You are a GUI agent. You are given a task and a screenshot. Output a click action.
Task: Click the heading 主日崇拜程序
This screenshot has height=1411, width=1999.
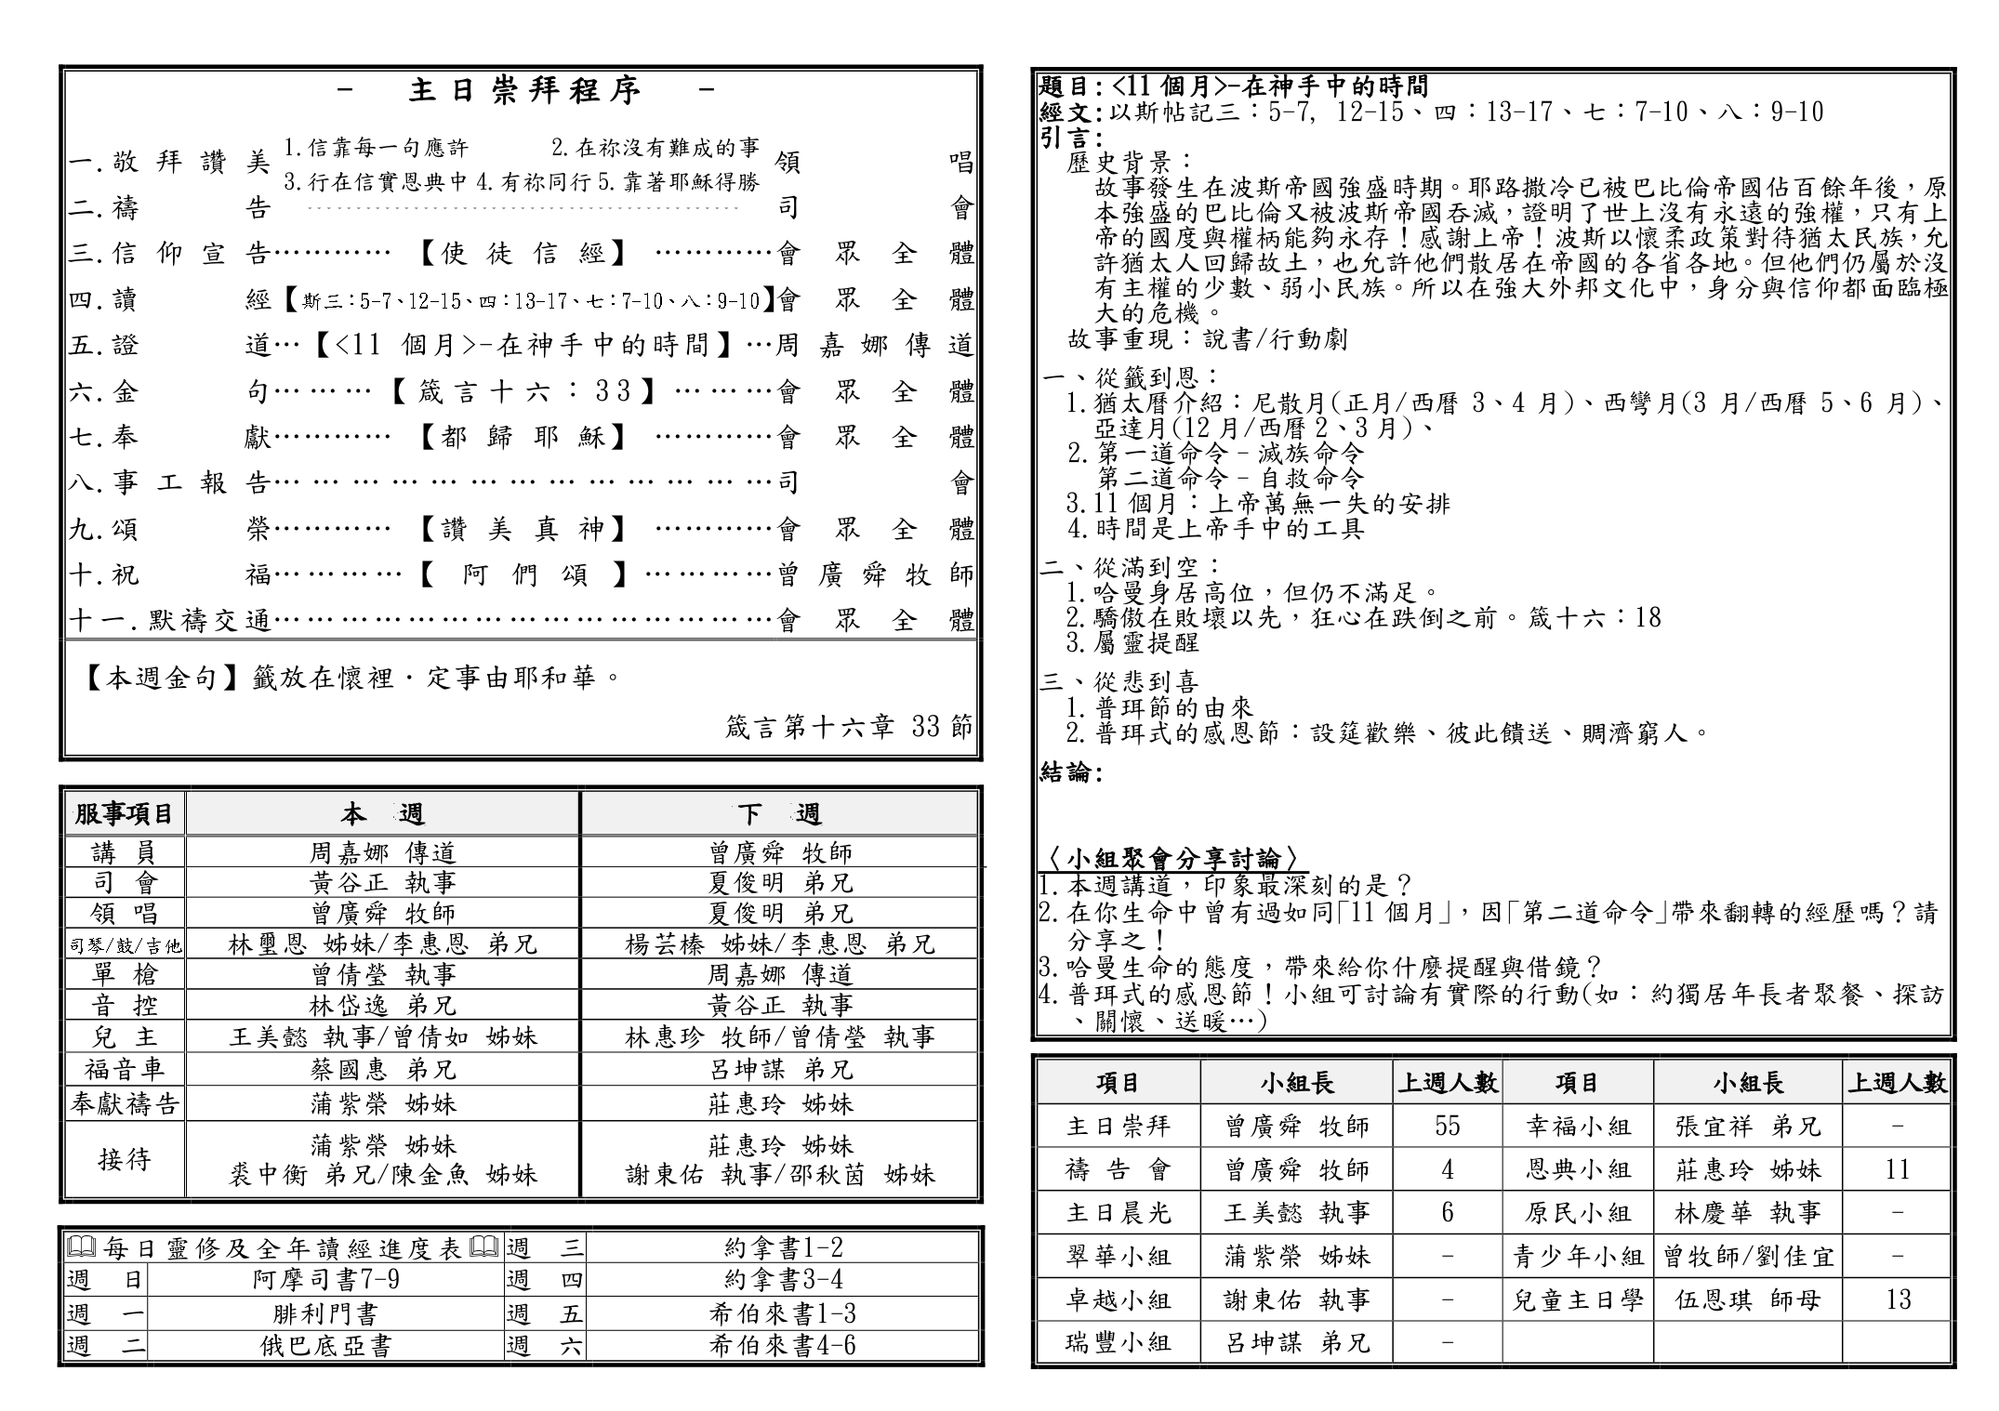pyautogui.click(x=525, y=90)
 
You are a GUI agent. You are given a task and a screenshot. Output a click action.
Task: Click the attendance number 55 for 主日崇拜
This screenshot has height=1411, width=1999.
pyautogui.click(x=1447, y=1126)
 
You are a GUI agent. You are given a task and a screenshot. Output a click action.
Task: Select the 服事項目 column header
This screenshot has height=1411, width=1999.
pyautogui.click(x=125, y=814)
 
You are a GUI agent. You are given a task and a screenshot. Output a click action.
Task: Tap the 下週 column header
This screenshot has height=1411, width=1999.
pyautogui.click(x=779, y=814)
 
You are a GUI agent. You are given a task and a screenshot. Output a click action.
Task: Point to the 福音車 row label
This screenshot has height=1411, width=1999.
pyautogui.click(x=125, y=1069)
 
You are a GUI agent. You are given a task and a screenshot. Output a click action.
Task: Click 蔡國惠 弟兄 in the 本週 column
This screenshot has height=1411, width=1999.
pyautogui.click(x=382, y=1069)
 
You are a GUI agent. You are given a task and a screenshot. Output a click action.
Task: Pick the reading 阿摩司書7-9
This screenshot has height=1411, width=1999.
pyautogui.click(x=325, y=1280)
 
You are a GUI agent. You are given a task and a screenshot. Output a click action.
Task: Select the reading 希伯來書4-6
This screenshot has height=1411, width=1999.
pyautogui.click(x=782, y=1345)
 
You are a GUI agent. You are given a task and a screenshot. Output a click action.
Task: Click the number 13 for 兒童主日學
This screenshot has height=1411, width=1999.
pyautogui.click(x=1897, y=1299)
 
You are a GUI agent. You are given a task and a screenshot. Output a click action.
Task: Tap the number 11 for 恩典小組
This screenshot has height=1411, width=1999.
pyautogui.click(x=1897, y=1169)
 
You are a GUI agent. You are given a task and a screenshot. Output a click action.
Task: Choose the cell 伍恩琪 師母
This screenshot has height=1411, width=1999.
pyautogui.click(x=1747, y=1299)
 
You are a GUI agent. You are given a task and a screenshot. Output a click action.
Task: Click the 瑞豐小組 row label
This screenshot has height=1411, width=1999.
pyautogui.click(x=1118, y=1342)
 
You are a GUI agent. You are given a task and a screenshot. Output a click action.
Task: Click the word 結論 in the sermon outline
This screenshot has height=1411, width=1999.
pyautogui.click(x=1070, y=772)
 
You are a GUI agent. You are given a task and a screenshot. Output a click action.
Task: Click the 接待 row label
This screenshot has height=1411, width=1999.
pyautogui.click(x=125, y=1159)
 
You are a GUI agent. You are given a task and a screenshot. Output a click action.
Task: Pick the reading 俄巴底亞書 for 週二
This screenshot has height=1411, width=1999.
pyautogui.click(x=325, y=1345)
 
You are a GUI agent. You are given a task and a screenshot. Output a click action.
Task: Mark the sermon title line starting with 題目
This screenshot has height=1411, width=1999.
pyautogui.click(x=1233, y=86)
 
